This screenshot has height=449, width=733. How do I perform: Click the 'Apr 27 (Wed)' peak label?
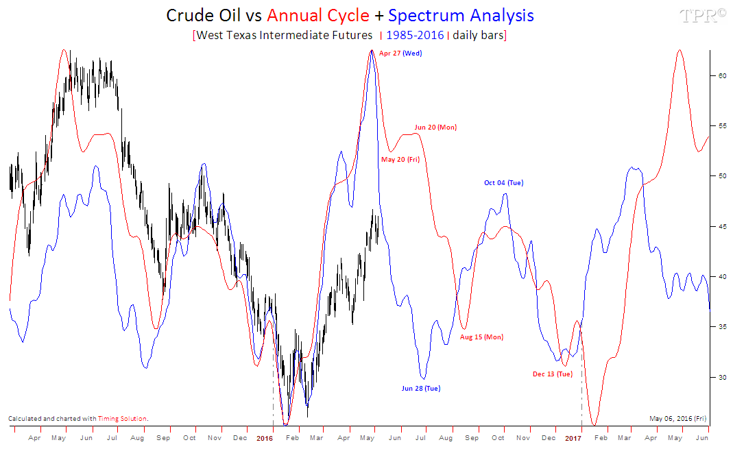(x=400, y=53)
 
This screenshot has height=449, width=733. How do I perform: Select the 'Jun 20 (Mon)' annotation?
(x=435, y=128)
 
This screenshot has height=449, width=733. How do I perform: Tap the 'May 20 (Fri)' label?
(x=400, y=160)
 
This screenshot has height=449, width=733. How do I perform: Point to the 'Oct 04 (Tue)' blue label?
(x=503, y=183)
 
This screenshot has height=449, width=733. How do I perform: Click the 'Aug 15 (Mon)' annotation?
(x=481, y=337)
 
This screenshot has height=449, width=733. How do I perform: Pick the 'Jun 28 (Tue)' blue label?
(x=421, y=389)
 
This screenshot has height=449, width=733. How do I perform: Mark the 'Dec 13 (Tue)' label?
(x=552, y=374)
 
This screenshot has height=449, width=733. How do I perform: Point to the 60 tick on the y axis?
(x=721, y=76)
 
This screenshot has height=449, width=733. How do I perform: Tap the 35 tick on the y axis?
(x=721, y=327)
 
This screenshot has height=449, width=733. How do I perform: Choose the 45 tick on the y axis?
(x=721, y=227)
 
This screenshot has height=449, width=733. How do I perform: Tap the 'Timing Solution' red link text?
(x=129, y=418)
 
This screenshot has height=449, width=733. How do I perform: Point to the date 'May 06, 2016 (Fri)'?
(x=677, y=418)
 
